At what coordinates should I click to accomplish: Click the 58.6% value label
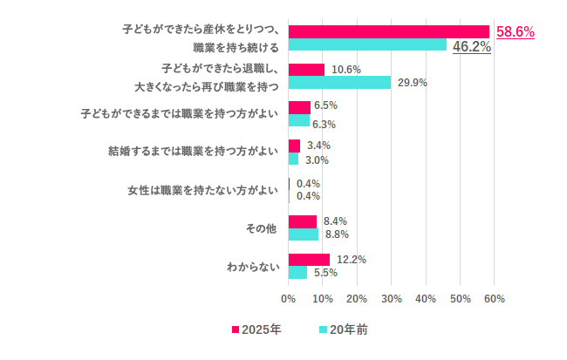point(515,31)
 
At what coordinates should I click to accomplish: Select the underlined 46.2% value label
point(471,47)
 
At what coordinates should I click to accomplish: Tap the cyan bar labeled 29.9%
point(339,83)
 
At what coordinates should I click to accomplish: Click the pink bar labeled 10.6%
point(306,70)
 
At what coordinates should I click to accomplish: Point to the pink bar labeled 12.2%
point(309,260)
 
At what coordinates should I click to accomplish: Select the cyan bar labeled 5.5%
point(297,273)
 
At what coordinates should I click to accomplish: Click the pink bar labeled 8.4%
point(303,221)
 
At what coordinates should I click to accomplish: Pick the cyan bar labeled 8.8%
point(304,234)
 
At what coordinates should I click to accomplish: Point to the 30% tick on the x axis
point(391,299)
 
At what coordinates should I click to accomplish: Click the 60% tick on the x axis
point(494,299)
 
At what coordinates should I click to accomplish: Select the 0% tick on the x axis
point(289,299)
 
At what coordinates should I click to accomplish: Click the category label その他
point(261,228)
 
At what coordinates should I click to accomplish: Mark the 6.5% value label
point(325,105)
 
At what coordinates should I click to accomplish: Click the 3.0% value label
point(318,160)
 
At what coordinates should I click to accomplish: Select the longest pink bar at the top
point(389,31)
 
